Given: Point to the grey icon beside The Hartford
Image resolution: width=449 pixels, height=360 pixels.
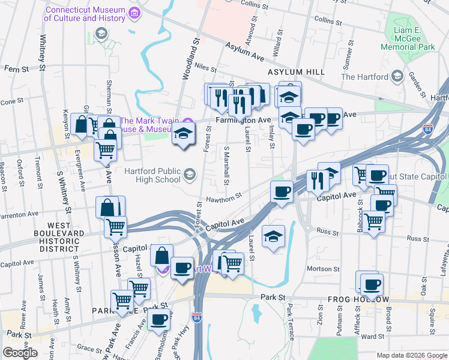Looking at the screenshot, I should [x=397, y=76].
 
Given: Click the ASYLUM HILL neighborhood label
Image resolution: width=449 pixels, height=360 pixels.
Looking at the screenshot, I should [x=296, y=72].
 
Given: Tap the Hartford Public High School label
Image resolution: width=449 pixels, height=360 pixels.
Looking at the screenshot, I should [x=152, y=175].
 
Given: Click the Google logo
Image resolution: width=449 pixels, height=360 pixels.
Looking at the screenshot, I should [x=20, y=353].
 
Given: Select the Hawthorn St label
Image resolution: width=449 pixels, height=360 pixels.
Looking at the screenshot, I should [x=224, y=195].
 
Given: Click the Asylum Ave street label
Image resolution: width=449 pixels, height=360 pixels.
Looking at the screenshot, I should [x=245, y=52].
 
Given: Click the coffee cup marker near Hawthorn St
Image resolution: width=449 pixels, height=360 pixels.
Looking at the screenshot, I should [x=281, y=192].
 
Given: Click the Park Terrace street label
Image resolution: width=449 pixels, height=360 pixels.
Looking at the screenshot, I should [x=290, y=322].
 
